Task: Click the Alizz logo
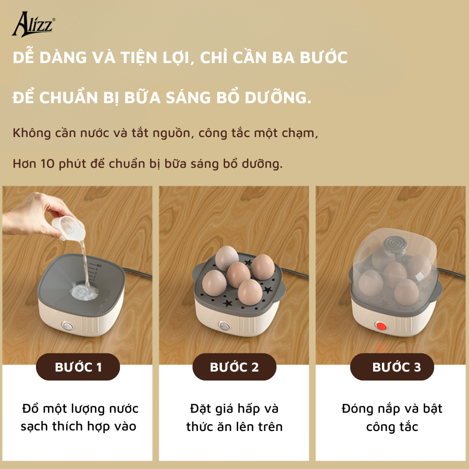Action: coord(33,24)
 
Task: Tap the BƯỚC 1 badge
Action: coord(78,367)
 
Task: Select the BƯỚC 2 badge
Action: coord(234,367)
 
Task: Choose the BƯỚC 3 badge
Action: coord(392,367)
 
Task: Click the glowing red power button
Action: coord(381,326)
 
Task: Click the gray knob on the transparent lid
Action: coord(396,245)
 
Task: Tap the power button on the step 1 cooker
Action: coord(68,326)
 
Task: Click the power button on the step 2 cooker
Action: coord(224,326)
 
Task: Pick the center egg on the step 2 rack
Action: coord(238,275)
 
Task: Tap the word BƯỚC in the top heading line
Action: coord(324,57)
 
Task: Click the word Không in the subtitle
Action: coord(32,133)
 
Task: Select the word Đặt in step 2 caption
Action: coord(199,409)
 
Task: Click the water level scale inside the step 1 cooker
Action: coord(96,273)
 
